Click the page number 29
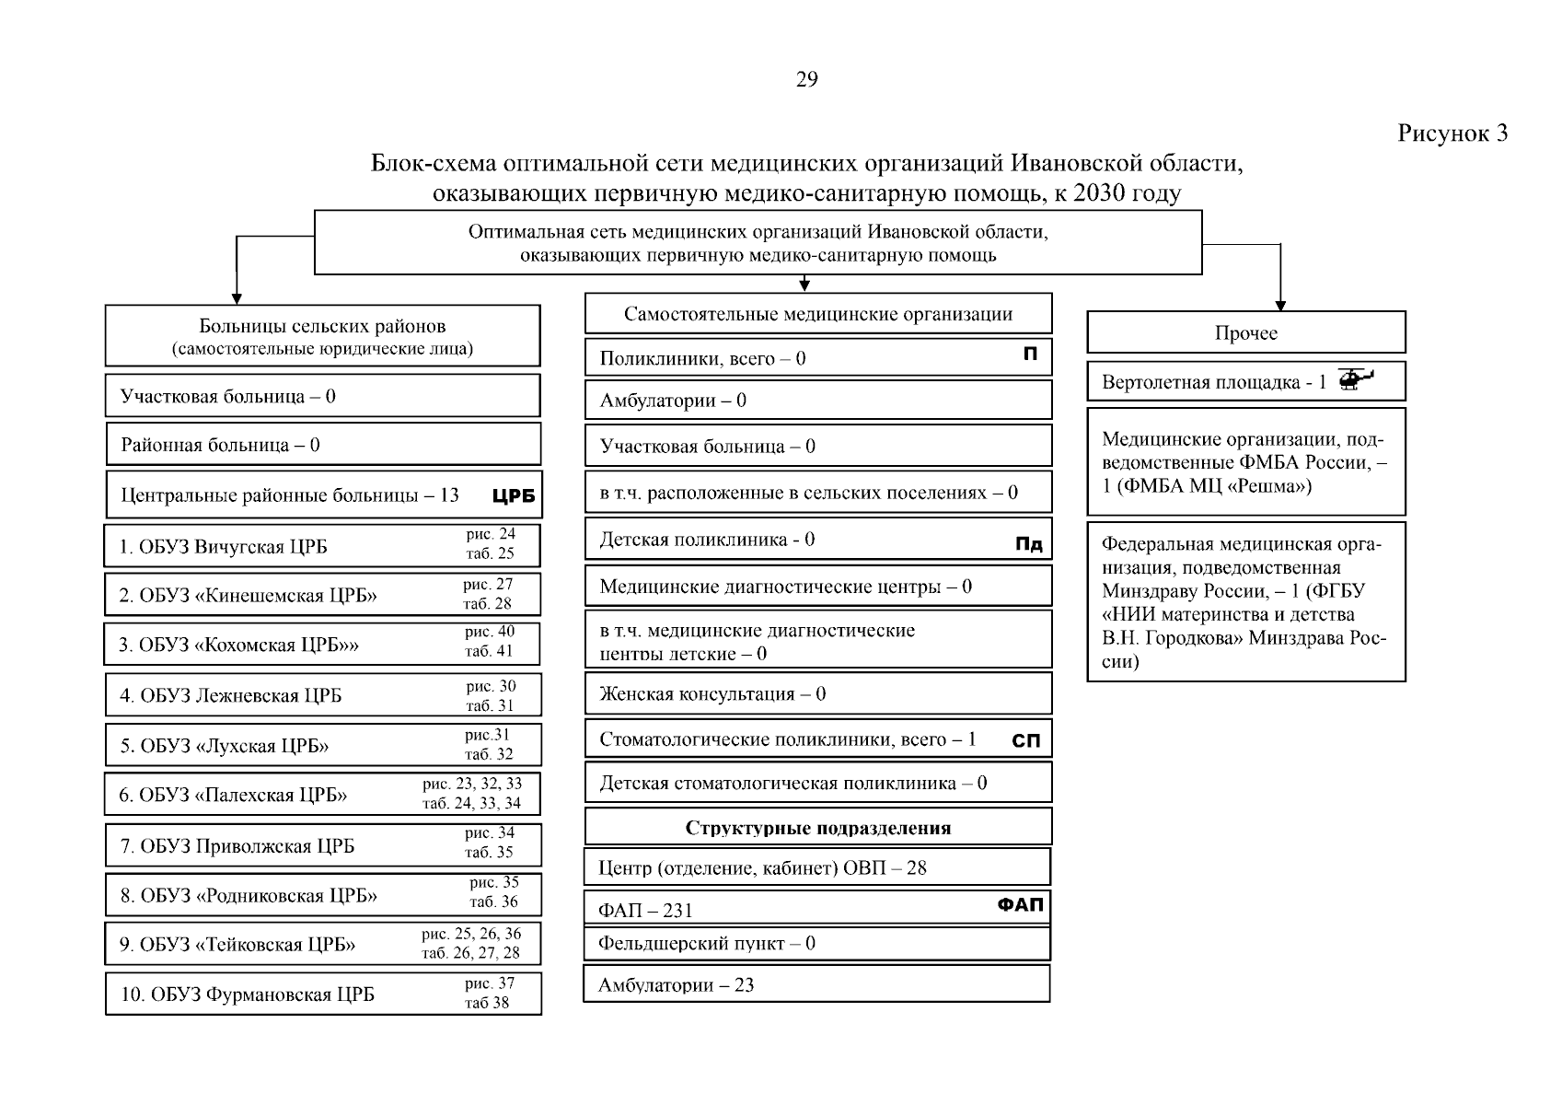(x=806, y=80)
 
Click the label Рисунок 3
(x=1452, y=134)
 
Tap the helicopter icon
(x=1354, y=379)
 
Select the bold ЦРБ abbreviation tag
(x=514, y=496)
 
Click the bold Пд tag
(x=1028, y=544)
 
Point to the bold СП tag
(x=1025, y=740)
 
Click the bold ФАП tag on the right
(x=1020, y=905)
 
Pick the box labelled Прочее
(x=1245, y=332)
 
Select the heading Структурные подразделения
(x=817, y=828)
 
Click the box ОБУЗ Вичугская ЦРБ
(x=322, y=546)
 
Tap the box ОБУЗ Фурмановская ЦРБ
(x=322, y=994)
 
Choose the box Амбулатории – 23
(x=816, y=985)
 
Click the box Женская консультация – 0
(x=817, y=693)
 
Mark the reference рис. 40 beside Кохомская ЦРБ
(x=490, y=632)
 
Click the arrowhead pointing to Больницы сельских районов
(x=237, y=298)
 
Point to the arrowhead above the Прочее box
(x=1279, y=306)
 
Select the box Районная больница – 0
(x=322, y=445)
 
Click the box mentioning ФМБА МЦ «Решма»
(x=1245, y=462)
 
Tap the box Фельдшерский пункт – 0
(x=816, y=944)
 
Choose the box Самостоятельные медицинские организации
(x=817, y=314)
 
